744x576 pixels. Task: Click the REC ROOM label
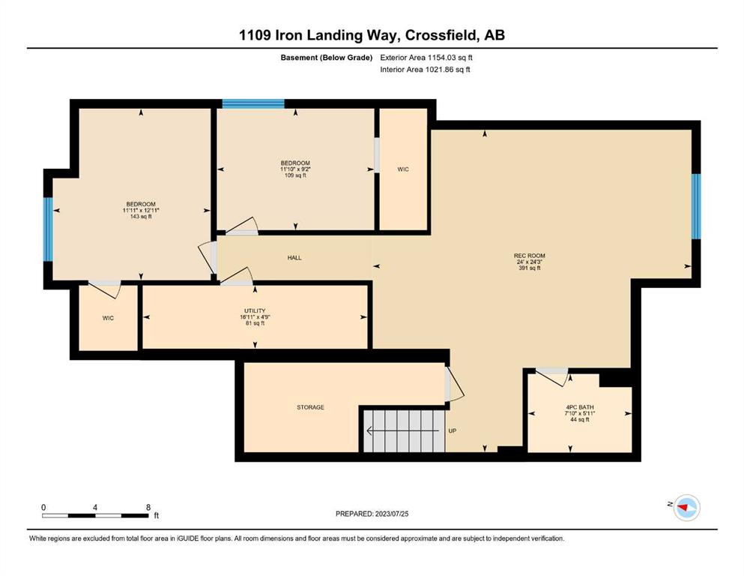[x=529, y=256]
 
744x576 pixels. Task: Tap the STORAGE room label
[x=311, y=407]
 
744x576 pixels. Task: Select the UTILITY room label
[x=255, y=310]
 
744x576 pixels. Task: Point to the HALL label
[x=294, y=257]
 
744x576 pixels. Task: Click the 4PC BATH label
[x=579, y=407]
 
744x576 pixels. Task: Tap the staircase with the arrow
[x=405, y=430]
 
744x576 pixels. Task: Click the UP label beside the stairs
[x=453, y=430]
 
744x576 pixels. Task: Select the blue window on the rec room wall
[x=695, y=206]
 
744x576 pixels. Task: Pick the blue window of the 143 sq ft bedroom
[x=49, y=229]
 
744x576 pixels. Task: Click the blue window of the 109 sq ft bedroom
[x=253, y=103]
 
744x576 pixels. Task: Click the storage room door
[x=453, y=384]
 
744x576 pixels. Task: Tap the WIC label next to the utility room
[x=108, y=318]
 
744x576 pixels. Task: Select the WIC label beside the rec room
[x=403, y=169]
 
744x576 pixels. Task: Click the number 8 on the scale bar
[x=148, y=507]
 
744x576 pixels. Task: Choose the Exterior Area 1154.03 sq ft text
[x=426, y=58]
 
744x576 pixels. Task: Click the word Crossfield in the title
[x=442, y=35]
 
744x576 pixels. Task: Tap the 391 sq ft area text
[x=530, y=268]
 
